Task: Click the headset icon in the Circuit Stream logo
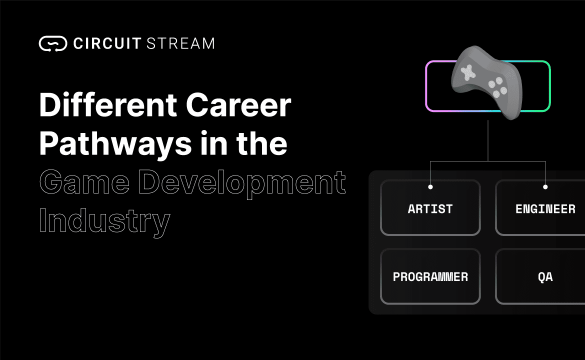(53, 43)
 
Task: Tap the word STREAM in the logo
(181, 43)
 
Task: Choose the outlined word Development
(241, 183)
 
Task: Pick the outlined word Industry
(104, 221)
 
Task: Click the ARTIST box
(430, 208)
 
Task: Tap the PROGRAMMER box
(430, 276)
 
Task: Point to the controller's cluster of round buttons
(497, 88)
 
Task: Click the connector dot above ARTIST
(430, 187)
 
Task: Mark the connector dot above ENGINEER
(545, 187)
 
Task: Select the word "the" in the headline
(262, 143)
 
